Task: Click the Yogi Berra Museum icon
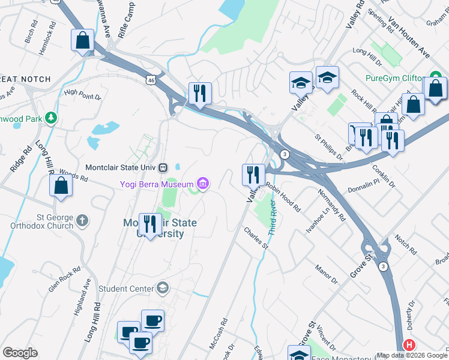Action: (203, 184)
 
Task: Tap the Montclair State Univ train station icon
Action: (170, 167)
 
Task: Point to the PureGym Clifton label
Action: (396, 78)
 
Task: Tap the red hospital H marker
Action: (409, 345)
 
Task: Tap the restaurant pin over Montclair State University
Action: (150, 224)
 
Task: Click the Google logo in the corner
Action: (20, 353)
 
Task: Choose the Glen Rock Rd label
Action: (64, 278)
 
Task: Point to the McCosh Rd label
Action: (220, 332)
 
